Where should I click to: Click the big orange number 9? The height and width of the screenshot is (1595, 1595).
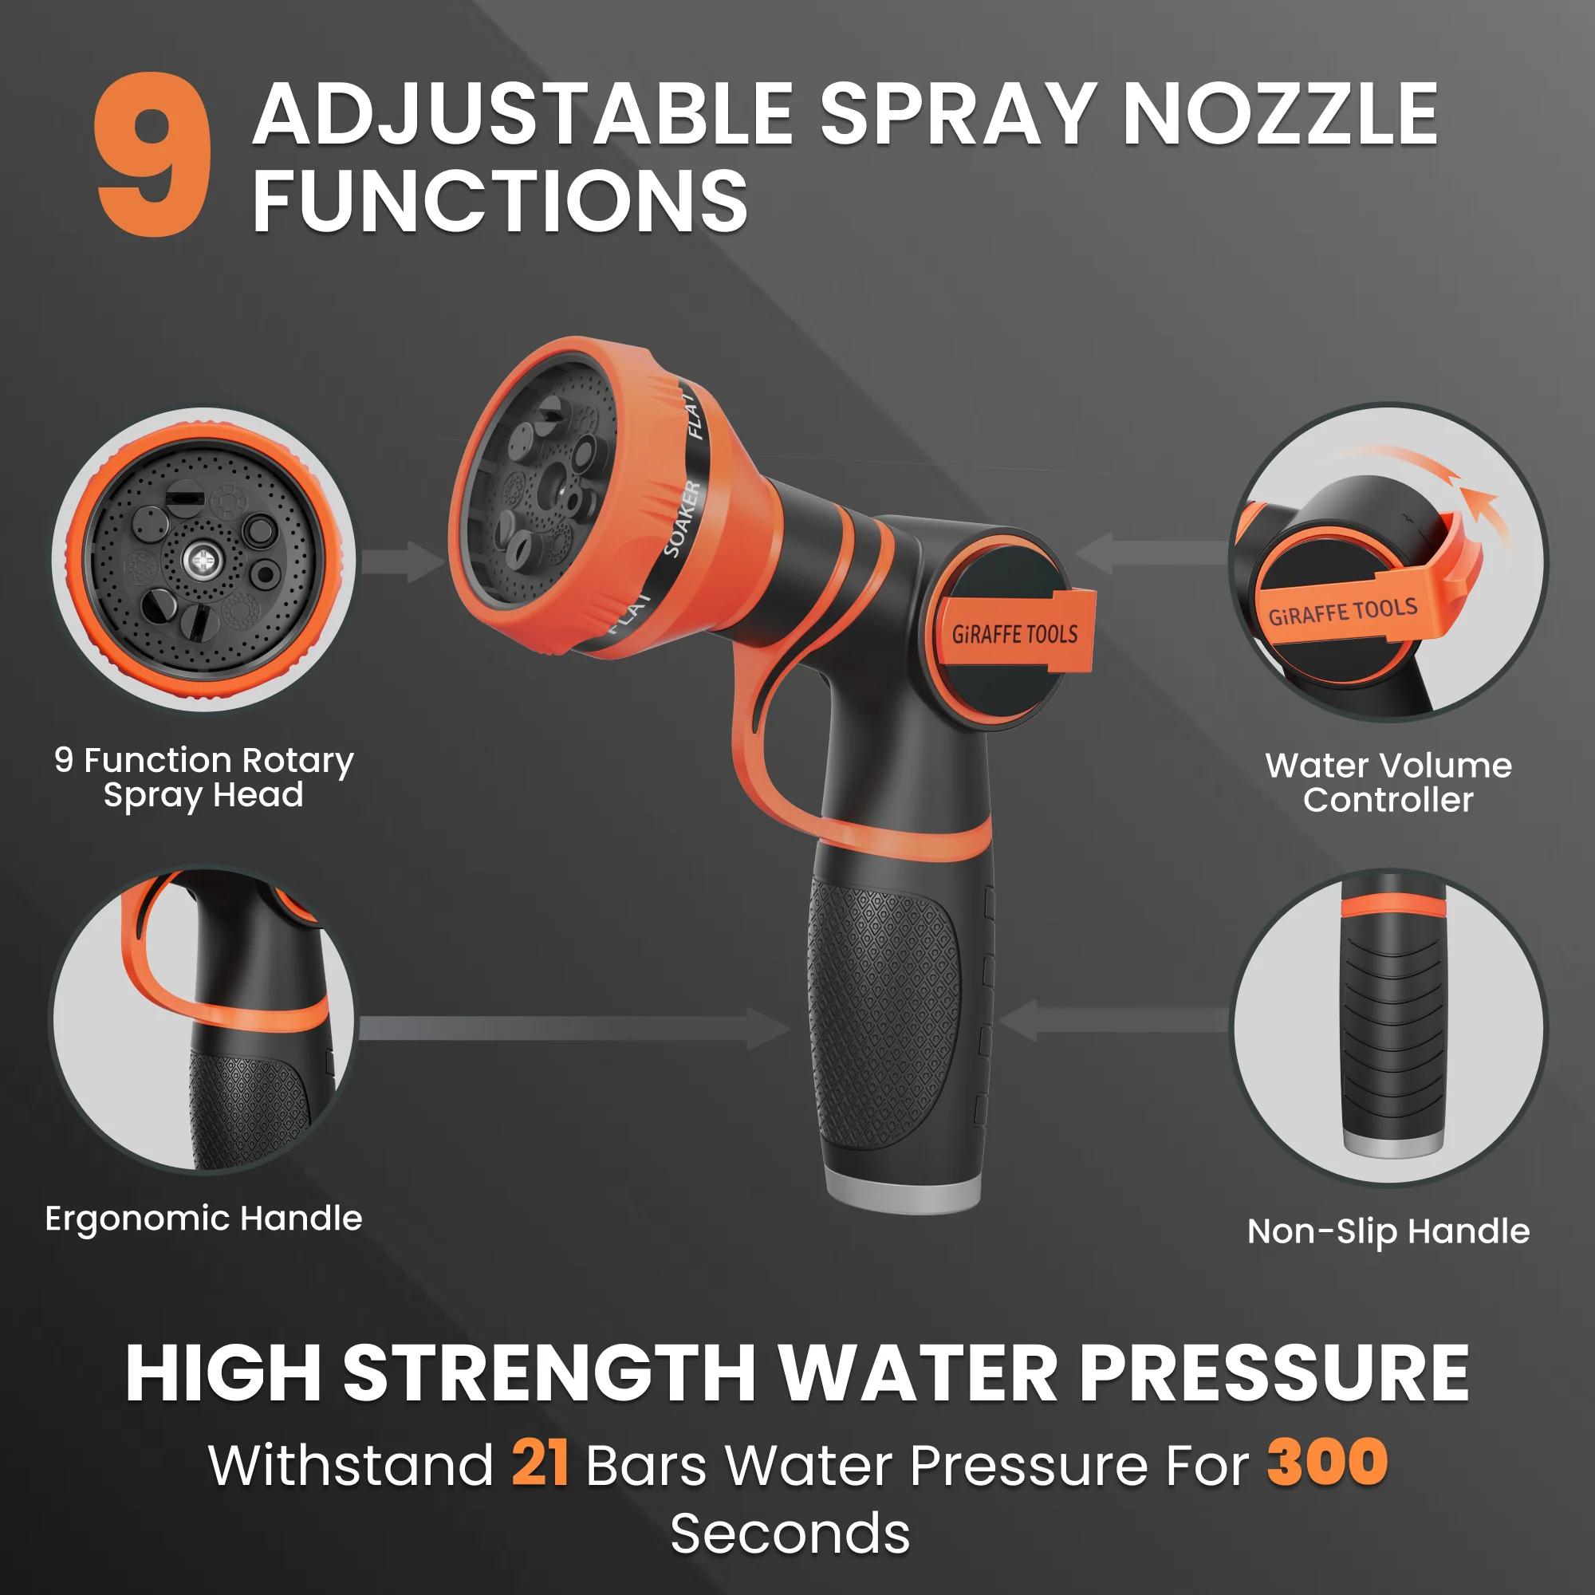click(153, 155)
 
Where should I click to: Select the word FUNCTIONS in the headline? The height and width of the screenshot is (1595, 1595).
click(499, 201)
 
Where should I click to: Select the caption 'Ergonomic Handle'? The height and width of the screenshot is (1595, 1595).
click(203, 1219)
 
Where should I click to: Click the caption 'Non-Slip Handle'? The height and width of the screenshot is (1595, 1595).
click(1388, 1231)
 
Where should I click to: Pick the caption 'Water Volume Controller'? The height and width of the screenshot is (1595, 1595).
click(1388, 782)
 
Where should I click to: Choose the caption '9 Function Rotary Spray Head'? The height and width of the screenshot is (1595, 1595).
click(203, 777)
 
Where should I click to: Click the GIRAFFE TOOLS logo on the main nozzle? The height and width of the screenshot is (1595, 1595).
click(1014, 633)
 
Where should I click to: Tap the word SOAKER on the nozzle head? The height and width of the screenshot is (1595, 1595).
click(682, 518)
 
